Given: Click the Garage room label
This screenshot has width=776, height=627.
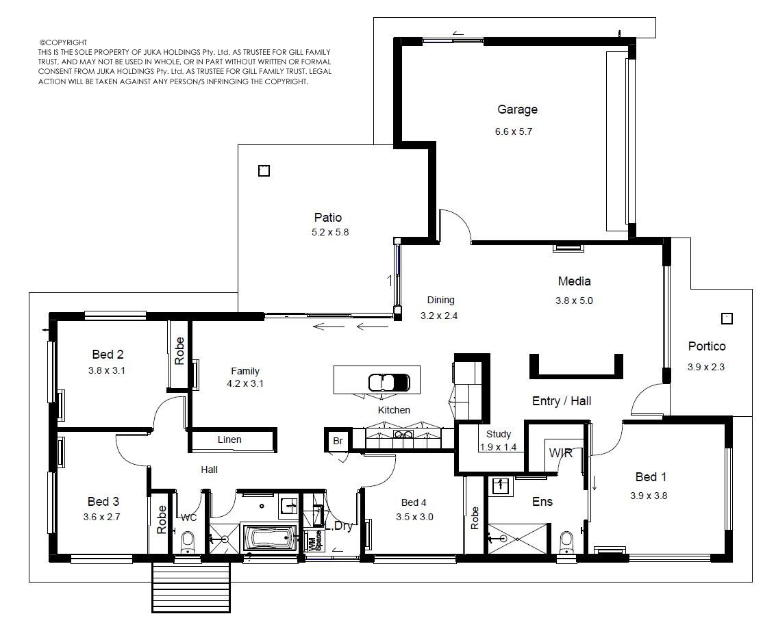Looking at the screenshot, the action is pyautogui.click(x=517, y=110).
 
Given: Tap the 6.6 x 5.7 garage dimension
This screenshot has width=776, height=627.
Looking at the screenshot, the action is pyautogui.click(x=514, y=131).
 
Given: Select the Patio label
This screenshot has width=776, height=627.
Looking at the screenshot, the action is pyautogui.click(x=327, y=218).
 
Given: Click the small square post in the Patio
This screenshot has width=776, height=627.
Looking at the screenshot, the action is pyautogui.click(x=264, y=171).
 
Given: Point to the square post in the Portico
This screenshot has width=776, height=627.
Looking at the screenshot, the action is pyautogui.click(x=727, y=318).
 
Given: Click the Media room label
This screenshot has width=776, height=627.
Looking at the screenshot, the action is pyautogui.click(x=574, y=281).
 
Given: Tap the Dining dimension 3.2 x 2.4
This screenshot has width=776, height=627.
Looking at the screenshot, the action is pyautogui.click(x=439, y=316).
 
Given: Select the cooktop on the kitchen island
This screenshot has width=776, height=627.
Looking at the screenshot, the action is pyautogui.click(x=389, y=382).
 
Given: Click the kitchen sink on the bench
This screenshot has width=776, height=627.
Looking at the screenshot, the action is pyautogui.click(x=403, y=435).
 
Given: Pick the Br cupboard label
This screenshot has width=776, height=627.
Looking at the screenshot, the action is pyautogui.click(x=338, y=441).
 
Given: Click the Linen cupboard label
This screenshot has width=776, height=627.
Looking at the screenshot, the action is pyautogui.click(x=229, y=439).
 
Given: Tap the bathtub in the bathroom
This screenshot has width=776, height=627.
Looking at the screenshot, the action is pyautogui.click(x=270, y=538).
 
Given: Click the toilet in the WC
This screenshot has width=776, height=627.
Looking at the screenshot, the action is pyautogui.click(x=187, y=542).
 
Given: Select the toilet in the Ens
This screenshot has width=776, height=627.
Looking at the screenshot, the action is pyautogui.click(x=566, y=543).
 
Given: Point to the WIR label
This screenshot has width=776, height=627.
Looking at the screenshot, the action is pyautogui.click(x=561, y=453).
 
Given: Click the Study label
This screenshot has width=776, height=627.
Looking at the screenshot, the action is pyautogui.click(x=499, y=434).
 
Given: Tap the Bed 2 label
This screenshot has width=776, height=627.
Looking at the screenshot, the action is pyautogui.click(x=108, y=355).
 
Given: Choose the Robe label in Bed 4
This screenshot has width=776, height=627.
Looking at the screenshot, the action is pyautogui.click(x=475, y=518).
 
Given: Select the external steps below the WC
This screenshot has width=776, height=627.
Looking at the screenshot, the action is pyautogui.click(x=191, y=587).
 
